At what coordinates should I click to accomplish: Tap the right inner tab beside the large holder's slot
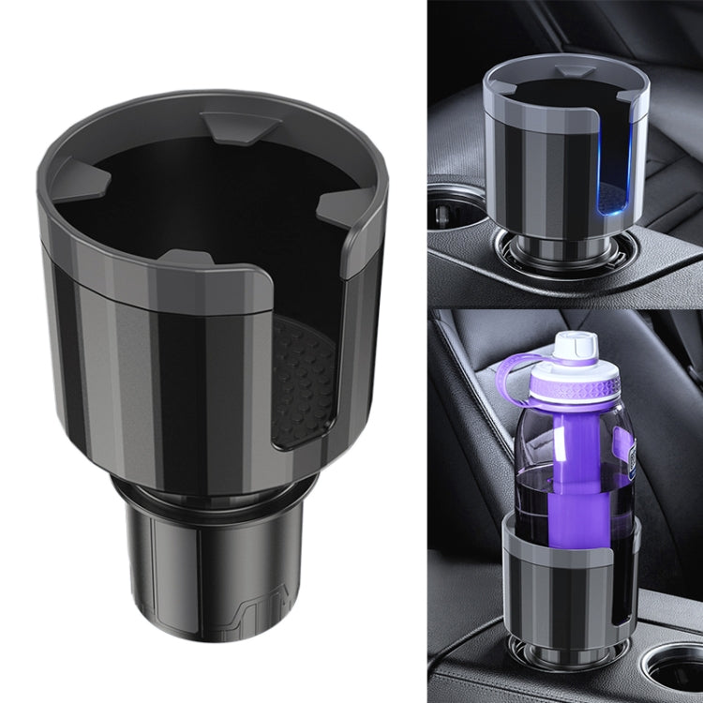point(333,202)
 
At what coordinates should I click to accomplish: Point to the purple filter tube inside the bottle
point(569,478)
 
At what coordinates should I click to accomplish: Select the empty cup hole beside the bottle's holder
point(671,671)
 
